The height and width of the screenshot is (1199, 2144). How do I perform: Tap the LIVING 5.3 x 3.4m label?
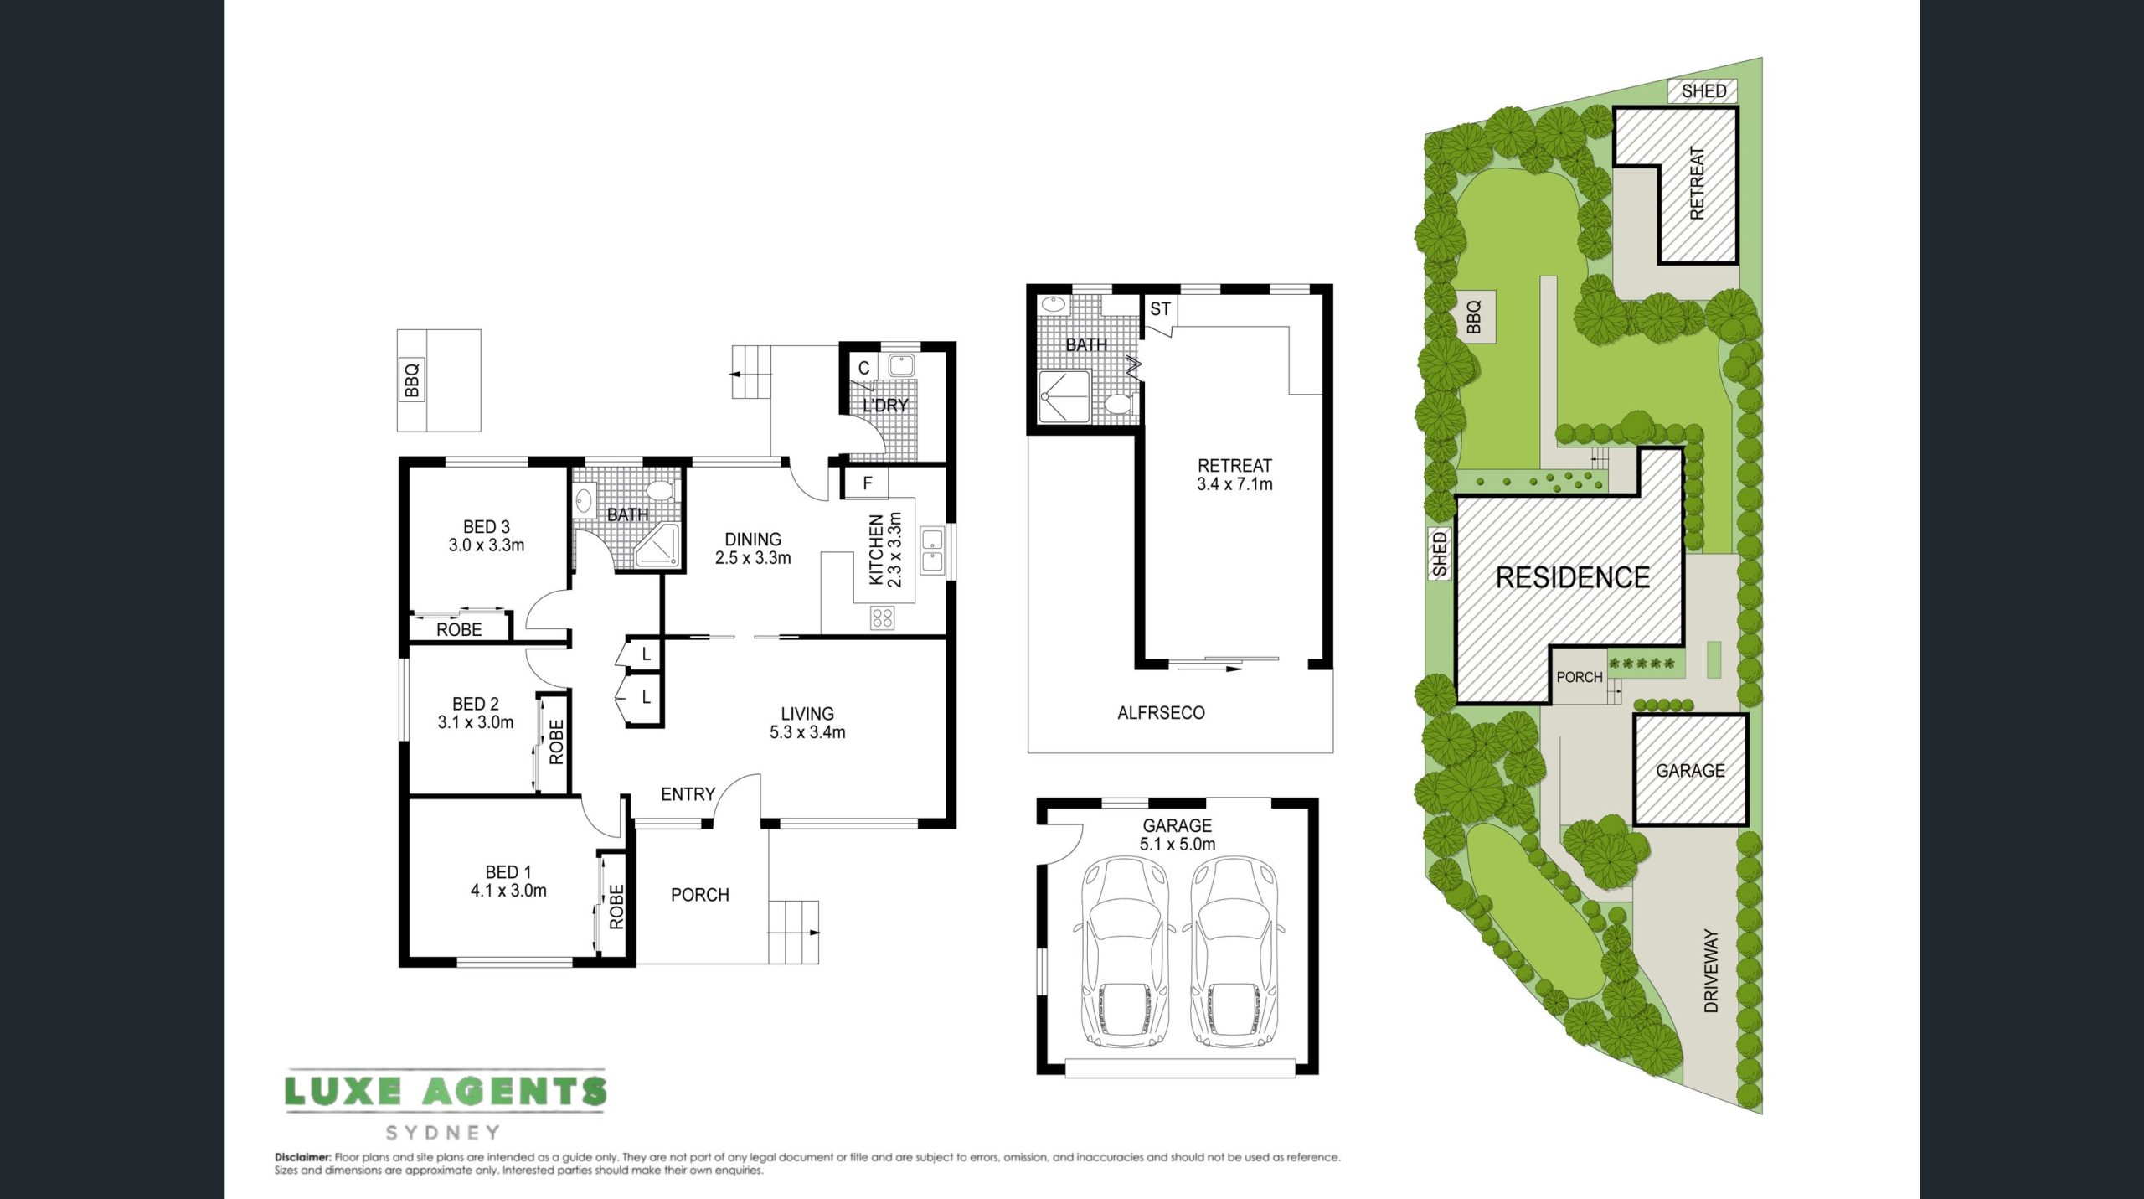[x=807, y=723]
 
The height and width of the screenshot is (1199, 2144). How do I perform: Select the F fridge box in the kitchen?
[x=868, y=483]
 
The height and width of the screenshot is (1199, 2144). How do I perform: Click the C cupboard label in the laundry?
[x=864, y=368]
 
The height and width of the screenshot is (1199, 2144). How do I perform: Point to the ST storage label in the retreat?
[x=1160, y=309]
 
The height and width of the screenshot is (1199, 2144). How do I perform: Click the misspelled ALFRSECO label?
[x=1161, y=713]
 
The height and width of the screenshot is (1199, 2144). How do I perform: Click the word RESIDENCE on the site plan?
[x=1573, y=577]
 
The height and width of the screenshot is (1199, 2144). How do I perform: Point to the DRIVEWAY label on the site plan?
[x=1711, y=970]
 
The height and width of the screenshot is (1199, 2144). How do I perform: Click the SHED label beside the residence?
[x=1440, y=553]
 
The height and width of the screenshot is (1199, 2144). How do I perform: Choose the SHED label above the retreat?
[x=1703, y=90]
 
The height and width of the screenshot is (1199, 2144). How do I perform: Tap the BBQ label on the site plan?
[x=1474, y=317]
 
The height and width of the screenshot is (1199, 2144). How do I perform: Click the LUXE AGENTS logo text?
[x=445, y=1090]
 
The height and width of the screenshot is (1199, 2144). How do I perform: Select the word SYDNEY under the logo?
[x=443, y=1133]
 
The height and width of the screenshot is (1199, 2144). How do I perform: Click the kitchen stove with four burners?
[x=882, y=619]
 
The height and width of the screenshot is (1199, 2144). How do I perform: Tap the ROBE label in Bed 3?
[x=459, y=630]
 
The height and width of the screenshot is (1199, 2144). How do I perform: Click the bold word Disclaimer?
[x=303, y=1157]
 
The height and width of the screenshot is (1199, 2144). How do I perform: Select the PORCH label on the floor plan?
[x=700, y=895]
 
